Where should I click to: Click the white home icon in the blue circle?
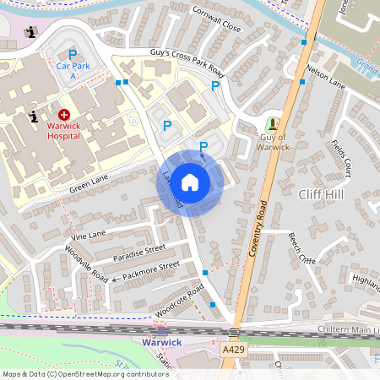point(190,182)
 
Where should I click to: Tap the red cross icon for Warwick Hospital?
point(64,114)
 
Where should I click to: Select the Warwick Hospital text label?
point(70,130)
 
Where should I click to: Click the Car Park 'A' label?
point(73,69)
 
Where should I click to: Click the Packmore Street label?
point(150,270)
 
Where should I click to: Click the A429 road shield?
point(233,348)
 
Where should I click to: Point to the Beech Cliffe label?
point(301,247)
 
